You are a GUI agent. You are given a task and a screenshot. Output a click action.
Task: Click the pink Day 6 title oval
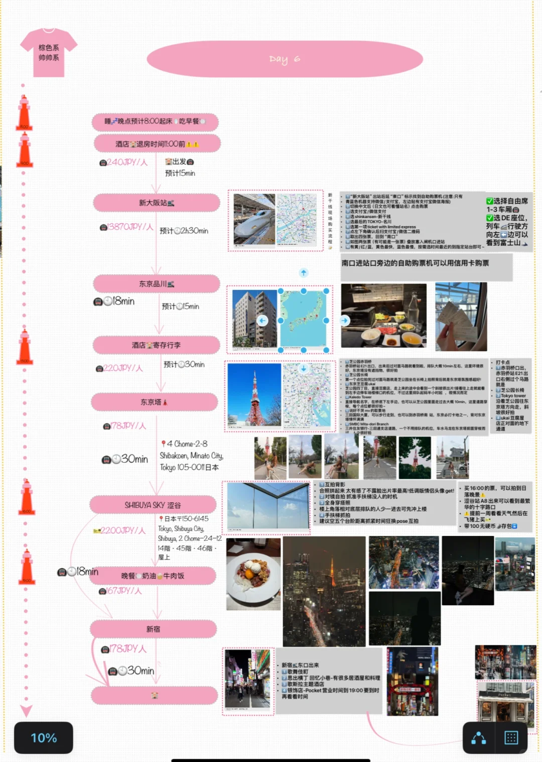click(x=285, y=59)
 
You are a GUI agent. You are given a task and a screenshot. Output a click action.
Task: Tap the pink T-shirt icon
click(x=49, y=53)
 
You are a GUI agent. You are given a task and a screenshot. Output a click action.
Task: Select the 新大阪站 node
click(x=156, y=203)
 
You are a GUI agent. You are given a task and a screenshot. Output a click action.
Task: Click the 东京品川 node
click(x=156, y=284)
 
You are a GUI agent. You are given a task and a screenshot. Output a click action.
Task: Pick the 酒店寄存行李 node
click(x=156, y=345)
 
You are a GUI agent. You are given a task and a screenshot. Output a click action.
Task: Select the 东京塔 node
click(x=154, y=402)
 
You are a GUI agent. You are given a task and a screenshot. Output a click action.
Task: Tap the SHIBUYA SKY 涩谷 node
click(x=153, y=505)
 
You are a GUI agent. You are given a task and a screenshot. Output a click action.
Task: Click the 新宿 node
click(x=153, y=629)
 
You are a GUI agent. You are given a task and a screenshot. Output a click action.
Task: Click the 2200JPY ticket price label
click(x=119, y=530)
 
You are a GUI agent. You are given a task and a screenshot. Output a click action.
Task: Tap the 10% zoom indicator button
click(x=44, y=737)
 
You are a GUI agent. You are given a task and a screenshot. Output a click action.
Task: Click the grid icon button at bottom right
click(x=511, y=737)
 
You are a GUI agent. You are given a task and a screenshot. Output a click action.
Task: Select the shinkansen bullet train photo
click(x=254, y=220)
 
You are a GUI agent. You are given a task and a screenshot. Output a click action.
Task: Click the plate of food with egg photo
click(x=253, y=574)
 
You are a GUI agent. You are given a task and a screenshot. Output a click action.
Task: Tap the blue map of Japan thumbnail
click(x=304, y=320)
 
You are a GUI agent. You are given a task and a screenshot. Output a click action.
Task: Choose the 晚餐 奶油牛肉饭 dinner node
click(x=153, y=576)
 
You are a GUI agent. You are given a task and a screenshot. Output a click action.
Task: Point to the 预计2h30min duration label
click(x=184, y=231)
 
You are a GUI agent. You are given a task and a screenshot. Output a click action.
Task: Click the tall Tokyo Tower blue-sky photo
click(x=254, y=394)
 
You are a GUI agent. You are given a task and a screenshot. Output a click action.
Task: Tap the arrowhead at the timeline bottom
click(x=26, y=711)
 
